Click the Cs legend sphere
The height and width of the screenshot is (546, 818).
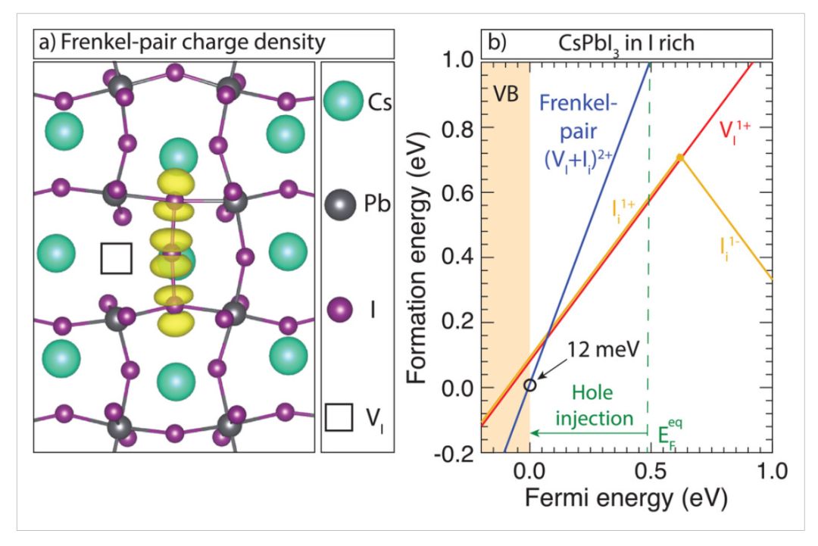343,101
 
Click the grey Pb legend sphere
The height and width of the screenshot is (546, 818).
340,204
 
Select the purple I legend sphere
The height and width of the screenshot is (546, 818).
339,310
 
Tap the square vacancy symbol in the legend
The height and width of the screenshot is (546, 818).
339,417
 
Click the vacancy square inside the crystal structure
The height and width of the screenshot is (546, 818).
117,258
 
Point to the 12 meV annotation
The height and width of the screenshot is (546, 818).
603,349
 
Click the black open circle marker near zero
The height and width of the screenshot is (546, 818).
529,385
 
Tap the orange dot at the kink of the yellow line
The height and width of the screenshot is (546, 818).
679,158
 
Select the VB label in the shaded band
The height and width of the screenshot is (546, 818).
505,95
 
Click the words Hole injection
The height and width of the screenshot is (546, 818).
593,405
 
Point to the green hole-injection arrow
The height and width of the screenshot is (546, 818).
589,433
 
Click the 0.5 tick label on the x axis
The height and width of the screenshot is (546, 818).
651,472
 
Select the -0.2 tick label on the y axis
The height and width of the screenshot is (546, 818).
454,454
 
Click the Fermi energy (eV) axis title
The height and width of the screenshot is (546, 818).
626,498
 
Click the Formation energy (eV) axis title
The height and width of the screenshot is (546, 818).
417,258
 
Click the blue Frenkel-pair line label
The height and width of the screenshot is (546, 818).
578,133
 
